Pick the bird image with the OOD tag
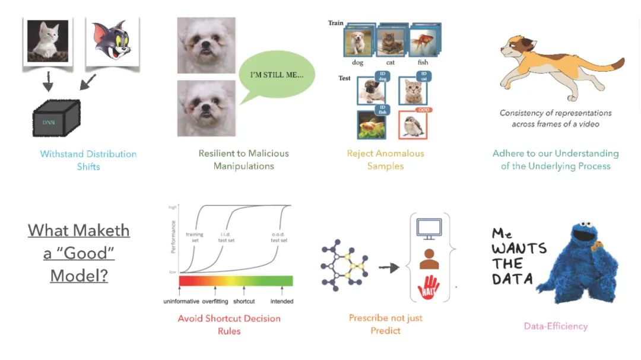(x=414, y=125)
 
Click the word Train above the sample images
(x=336, y=23)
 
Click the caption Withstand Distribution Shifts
(x=88, y=160)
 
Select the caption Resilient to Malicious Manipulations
(x=244, y=160)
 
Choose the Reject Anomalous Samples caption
(x=386, y=160)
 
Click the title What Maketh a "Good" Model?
(x=79, y=253)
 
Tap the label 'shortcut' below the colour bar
(x=244, y=301)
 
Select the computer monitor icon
(x=429, y=228)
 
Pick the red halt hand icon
(x=429, y=288)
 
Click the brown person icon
(x=429, y=259)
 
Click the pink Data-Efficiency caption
(x=556, y=326)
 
